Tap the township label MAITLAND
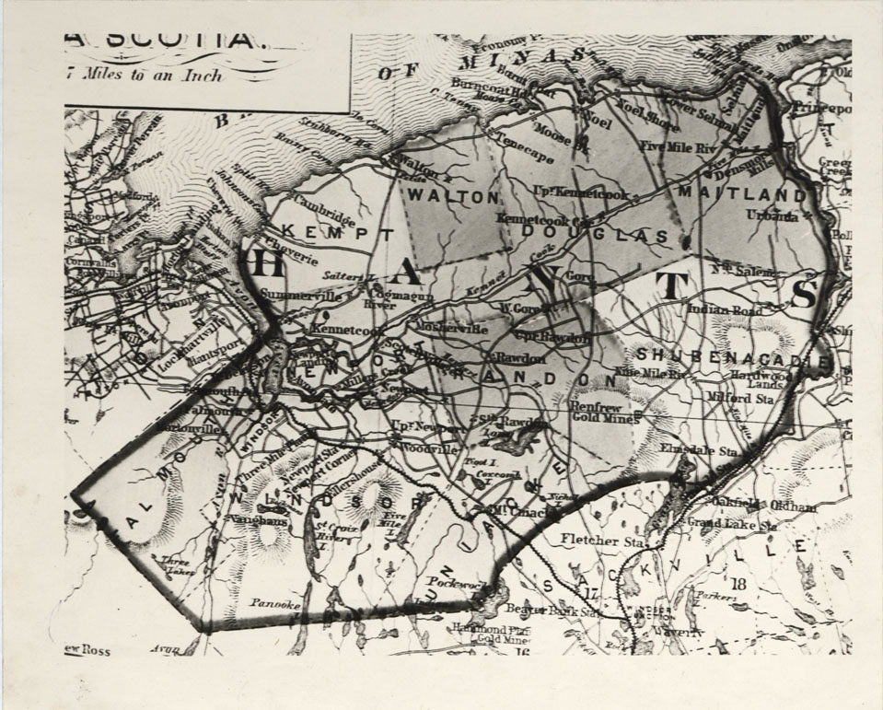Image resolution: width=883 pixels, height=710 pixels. [741, 195]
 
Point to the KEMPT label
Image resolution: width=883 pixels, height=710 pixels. [331, 231]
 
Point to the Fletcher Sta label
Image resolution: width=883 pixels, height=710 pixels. [602, 541]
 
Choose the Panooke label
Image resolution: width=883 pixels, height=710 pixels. [274, 603]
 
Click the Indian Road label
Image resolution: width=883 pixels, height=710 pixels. [725, 311]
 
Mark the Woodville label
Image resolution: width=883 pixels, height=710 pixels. [429, 448]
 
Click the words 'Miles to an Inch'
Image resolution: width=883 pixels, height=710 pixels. [149, 76]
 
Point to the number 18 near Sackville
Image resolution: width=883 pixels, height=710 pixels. [738, 583]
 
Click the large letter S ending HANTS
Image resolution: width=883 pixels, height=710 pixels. [803, 295]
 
